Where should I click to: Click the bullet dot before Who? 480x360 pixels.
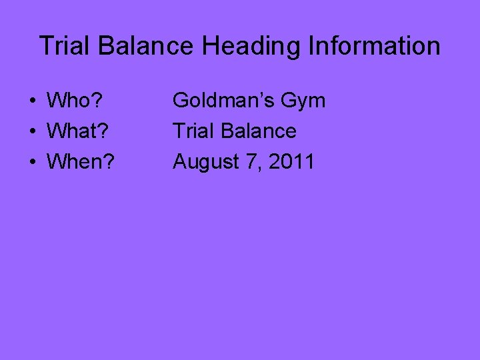31,102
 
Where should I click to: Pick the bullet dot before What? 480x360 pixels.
31,132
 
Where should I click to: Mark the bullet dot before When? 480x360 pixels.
31,162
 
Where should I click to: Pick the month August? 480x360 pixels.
203,161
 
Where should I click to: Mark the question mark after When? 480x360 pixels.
107,161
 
